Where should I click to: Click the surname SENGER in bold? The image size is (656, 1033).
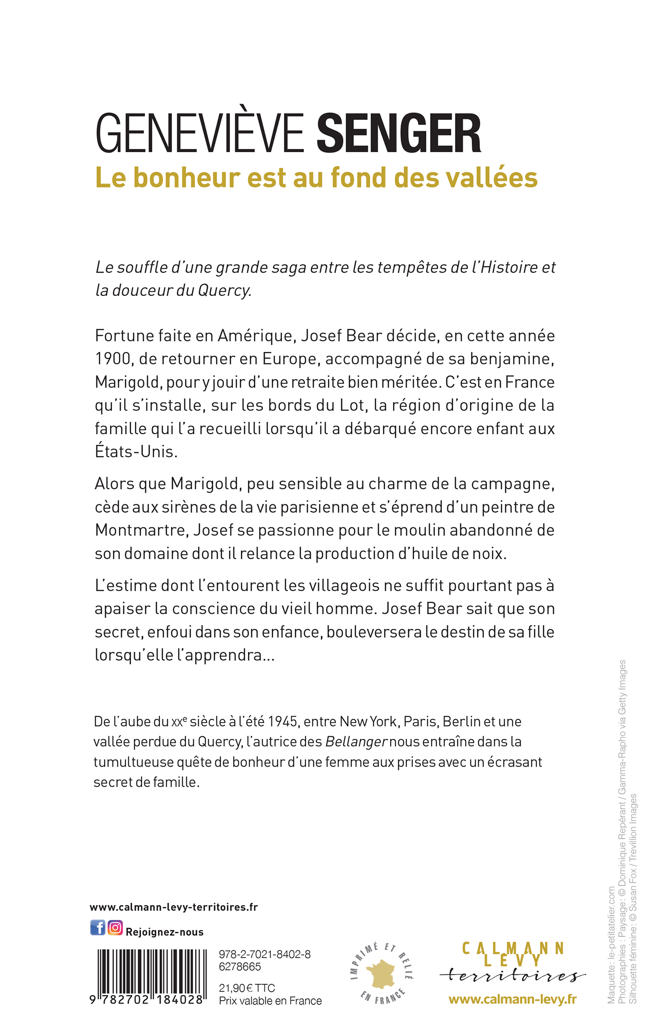399,134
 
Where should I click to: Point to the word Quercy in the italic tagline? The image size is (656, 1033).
224,291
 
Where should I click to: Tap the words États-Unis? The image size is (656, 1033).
136,452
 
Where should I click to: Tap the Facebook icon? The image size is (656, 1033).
98,928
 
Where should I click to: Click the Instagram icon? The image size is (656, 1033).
115,928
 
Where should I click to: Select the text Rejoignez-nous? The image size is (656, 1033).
164,932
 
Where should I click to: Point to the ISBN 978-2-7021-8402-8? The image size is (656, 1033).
264,954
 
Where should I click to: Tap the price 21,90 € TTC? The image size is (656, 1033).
247,988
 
